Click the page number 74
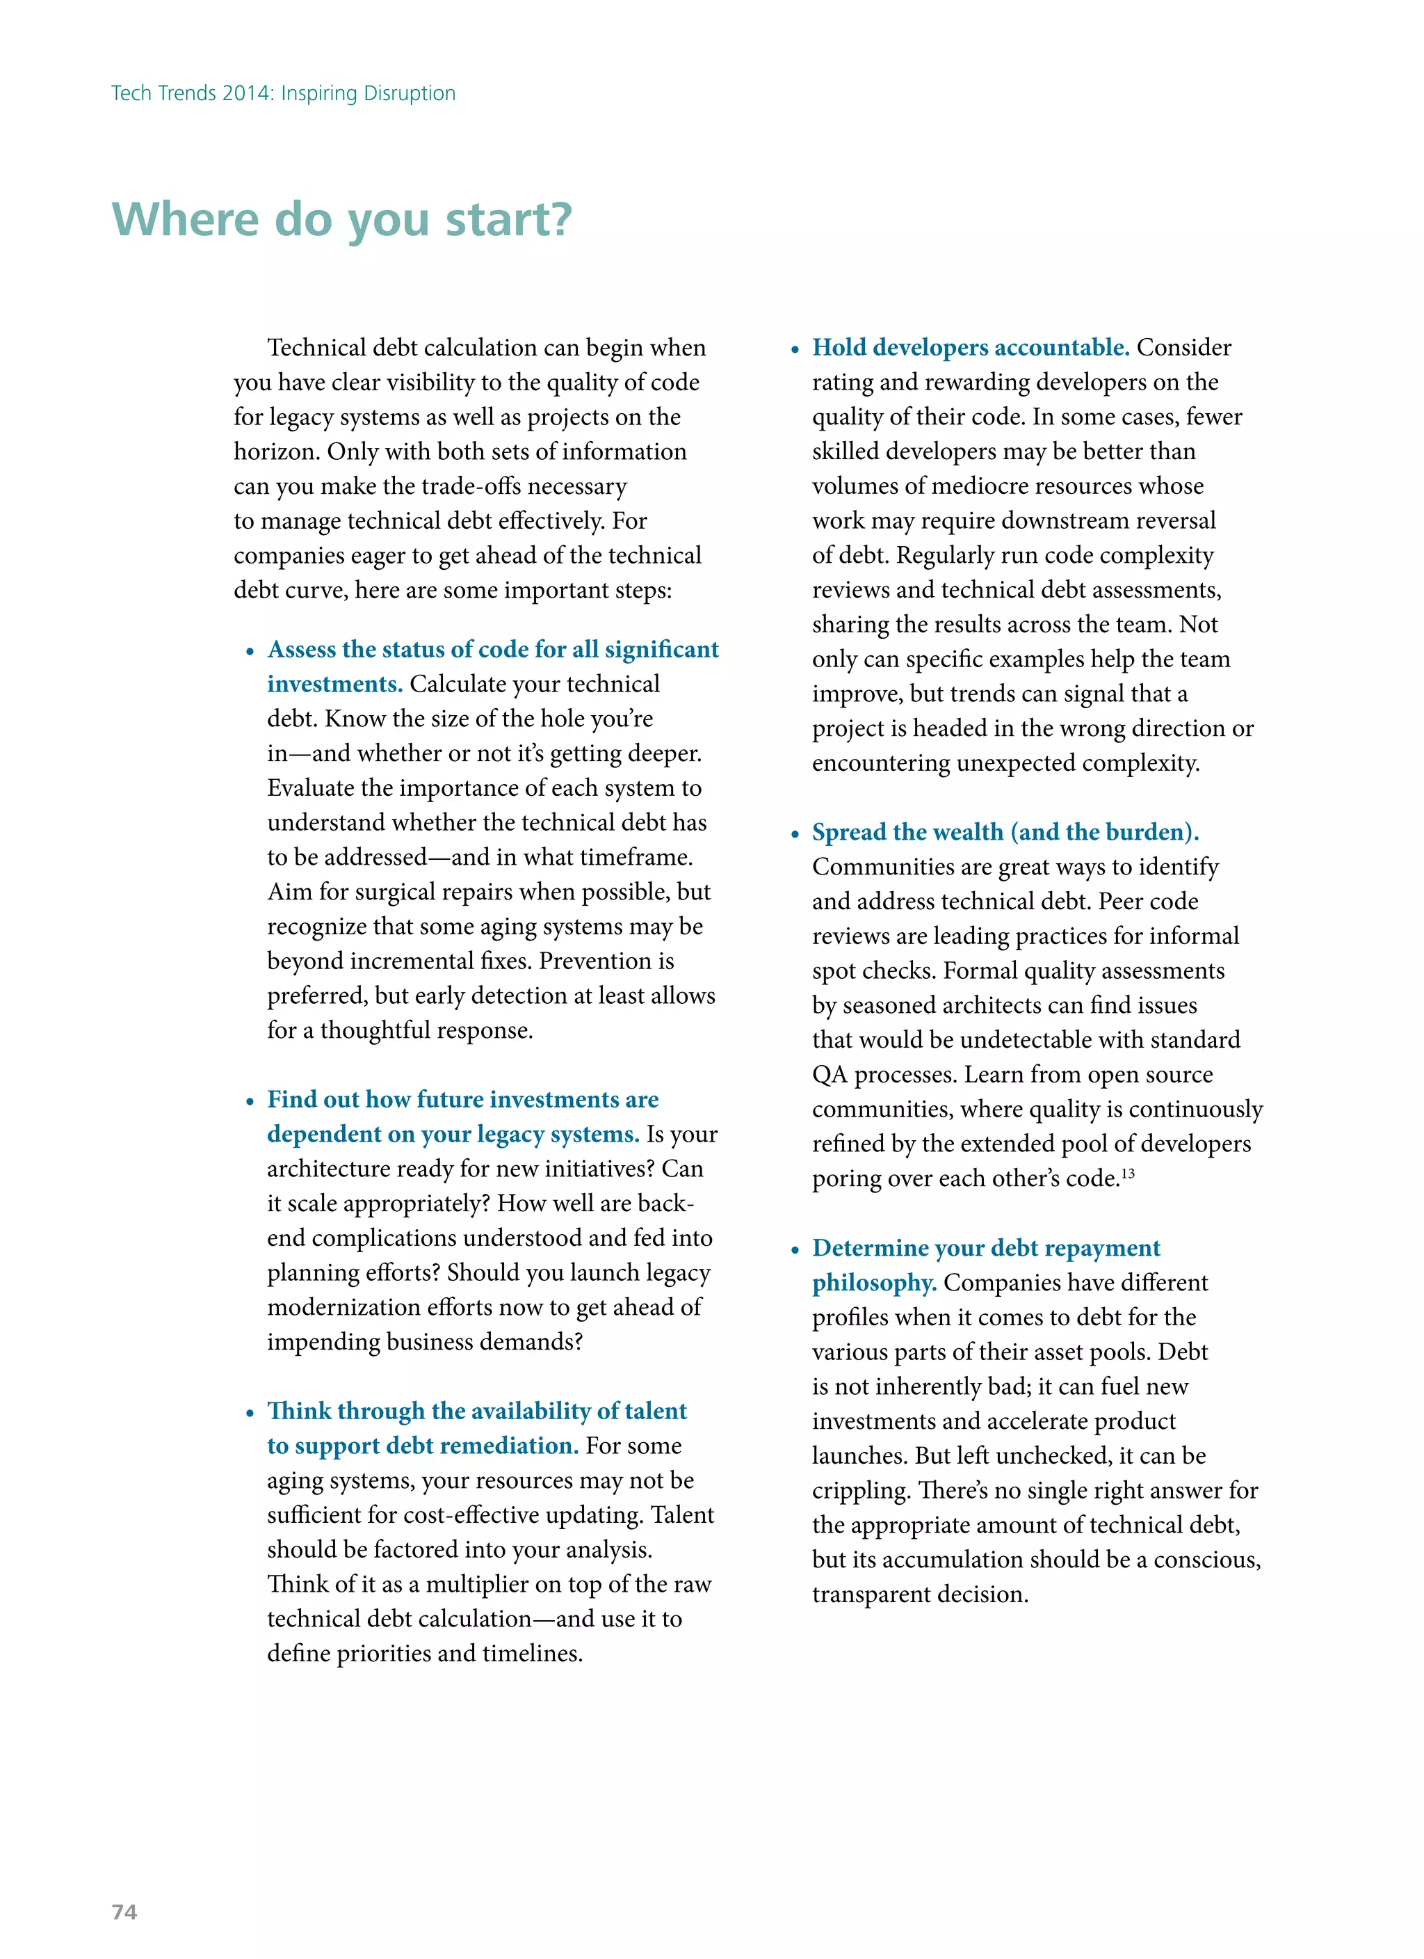click(124, 1912)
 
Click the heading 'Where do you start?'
click(342, 219)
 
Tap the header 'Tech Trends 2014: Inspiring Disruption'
click(283, 93)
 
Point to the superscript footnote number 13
click(1128, 1174)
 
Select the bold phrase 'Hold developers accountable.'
click(970, 347)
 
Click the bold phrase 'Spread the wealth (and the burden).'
click(1005, 832)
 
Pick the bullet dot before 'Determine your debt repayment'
click(795, 1250)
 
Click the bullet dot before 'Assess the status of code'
click(250, 651)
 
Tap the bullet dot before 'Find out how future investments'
click(250, 1101)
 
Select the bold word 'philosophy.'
click(874, 1283)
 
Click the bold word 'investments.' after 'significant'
click(335, 684)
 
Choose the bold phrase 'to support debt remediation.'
click(422, 1446)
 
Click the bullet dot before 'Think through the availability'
click(250, 1413)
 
